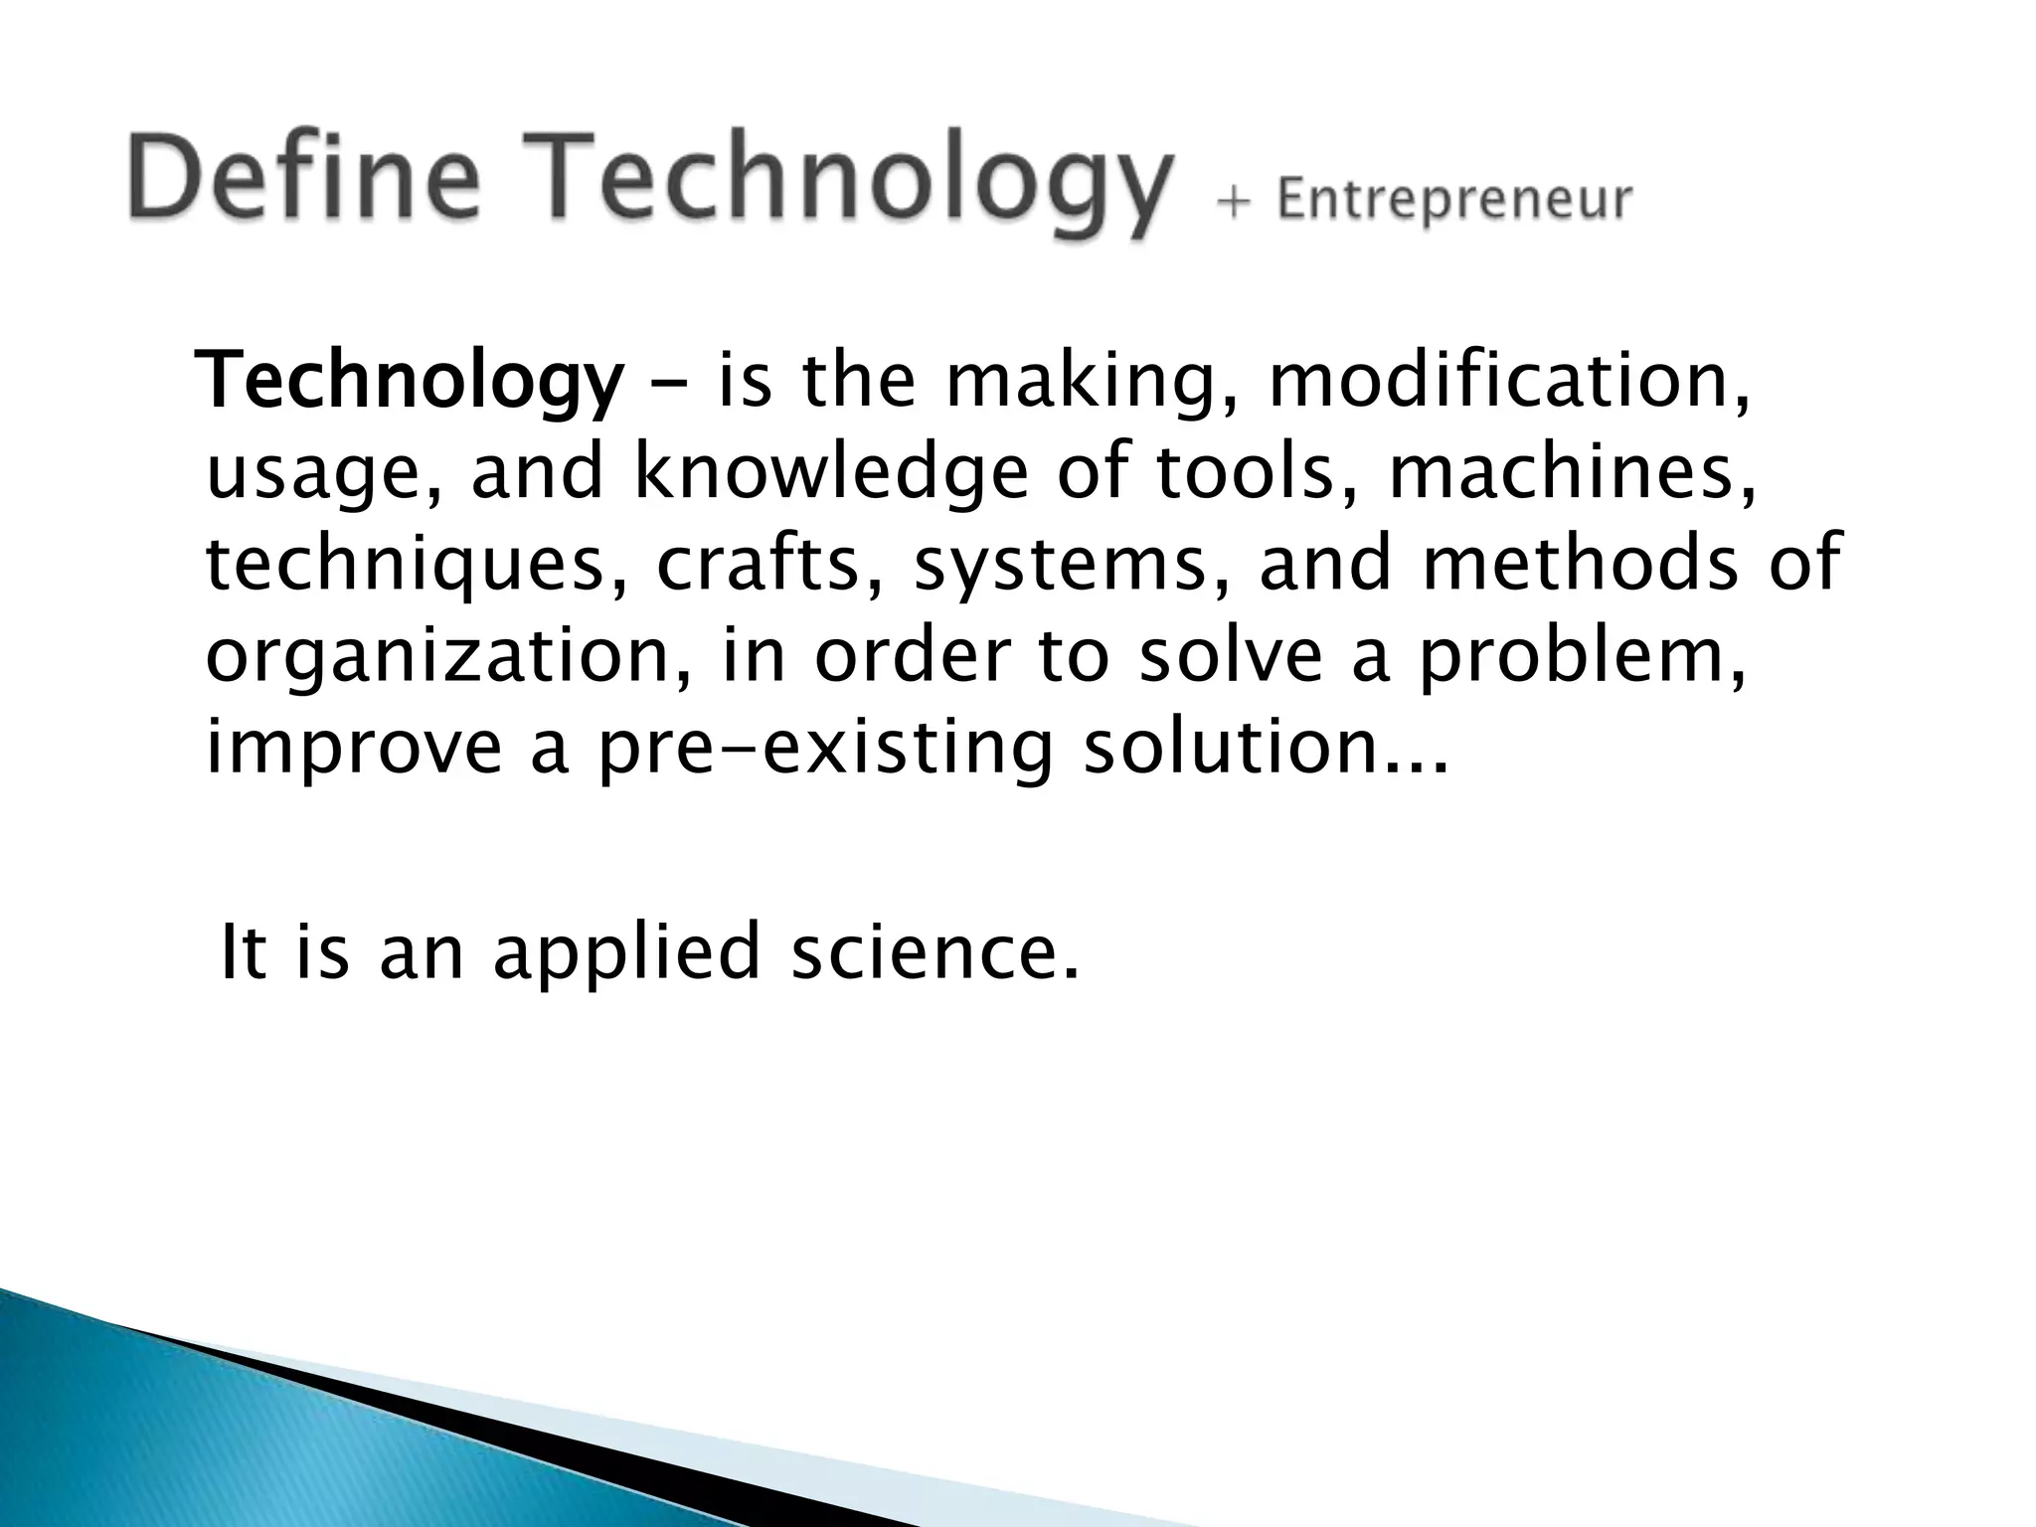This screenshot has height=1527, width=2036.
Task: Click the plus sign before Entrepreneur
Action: tap(1233, 202)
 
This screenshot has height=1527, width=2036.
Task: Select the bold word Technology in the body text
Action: tap(412, 385)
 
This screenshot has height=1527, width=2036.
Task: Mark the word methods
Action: tap(1581, 565)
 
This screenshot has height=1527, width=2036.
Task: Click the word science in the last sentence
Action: tap(933, 951)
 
